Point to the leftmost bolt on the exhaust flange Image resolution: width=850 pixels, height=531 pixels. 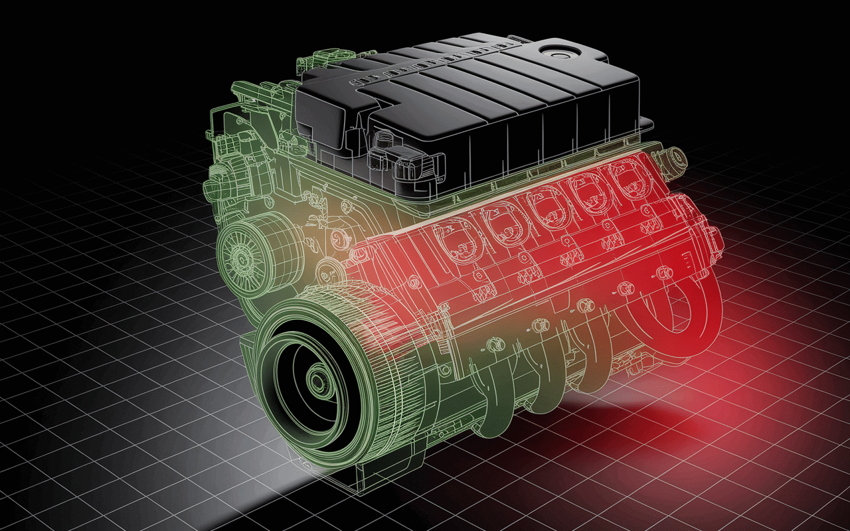(492, 346)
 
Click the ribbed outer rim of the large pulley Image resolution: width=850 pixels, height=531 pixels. (372, 319)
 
